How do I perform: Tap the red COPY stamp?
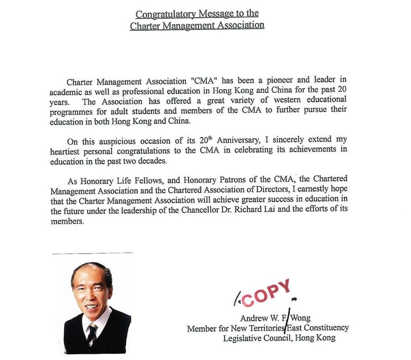pyautogui.click(x=267, y=293)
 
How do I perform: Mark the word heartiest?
pyautogui.click(x=69, y=151)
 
